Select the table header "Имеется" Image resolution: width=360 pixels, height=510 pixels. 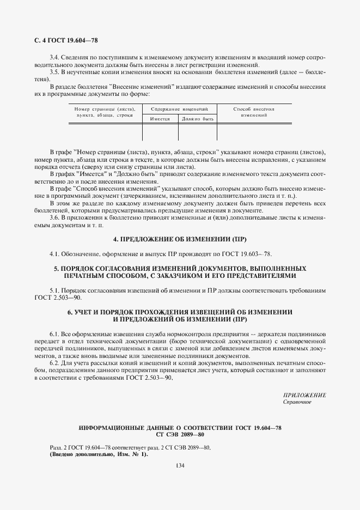160,119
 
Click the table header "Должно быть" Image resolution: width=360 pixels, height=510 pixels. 197,119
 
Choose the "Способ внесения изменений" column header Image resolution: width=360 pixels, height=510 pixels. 253,112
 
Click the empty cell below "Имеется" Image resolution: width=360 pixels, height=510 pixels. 160,132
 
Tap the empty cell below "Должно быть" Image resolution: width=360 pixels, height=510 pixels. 197,132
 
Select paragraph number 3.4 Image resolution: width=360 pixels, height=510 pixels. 54,57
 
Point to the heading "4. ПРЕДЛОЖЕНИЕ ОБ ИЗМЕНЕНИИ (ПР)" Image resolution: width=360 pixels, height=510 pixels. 180,239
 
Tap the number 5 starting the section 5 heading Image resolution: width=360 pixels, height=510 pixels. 56,269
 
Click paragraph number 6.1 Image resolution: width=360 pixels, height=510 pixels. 54,333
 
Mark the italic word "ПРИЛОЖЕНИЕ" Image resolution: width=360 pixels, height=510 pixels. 304,394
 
